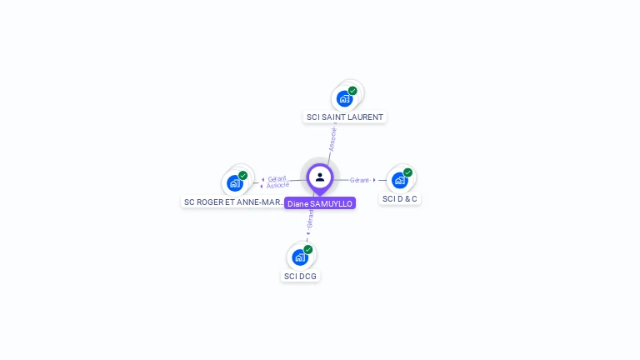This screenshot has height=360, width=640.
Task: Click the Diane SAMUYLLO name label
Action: point(320,203)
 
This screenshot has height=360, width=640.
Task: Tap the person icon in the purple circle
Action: point(320,177)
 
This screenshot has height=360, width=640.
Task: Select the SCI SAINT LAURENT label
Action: point(344,117)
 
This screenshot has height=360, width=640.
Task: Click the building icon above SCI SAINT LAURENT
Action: point(344,99)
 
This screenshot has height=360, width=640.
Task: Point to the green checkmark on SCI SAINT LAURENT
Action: point(352,91)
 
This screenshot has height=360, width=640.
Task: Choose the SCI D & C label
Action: point(400,199)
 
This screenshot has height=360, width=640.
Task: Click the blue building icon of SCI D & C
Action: point(399,180)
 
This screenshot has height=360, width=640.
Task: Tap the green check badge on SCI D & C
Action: point(407,172)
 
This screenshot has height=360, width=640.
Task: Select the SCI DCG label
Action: point(300,276)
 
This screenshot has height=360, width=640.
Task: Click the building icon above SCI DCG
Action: point(299,257)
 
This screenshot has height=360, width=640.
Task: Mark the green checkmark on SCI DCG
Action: point(307,250)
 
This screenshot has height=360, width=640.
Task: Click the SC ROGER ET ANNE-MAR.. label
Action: point(234,202)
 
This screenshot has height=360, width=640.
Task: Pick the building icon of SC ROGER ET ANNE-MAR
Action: point(234,183)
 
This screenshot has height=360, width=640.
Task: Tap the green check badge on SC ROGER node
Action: point(242,176)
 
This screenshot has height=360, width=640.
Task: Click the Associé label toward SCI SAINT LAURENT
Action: point(332,138)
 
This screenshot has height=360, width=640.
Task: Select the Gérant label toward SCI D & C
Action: point(359,180)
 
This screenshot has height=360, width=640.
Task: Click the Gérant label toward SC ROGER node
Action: point(277,178)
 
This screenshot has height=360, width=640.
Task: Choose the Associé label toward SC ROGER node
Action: point(277,185)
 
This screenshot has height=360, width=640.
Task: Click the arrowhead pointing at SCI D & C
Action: point(374,180)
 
